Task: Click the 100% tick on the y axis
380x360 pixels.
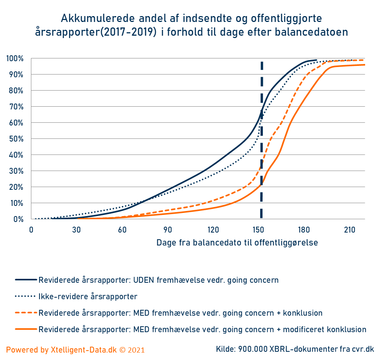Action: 15,59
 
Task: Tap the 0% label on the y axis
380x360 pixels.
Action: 18,219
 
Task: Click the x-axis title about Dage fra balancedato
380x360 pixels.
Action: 237,243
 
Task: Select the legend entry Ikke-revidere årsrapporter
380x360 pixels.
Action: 88,296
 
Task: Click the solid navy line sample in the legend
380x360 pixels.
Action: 26,280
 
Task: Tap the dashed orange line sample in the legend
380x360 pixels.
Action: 26,313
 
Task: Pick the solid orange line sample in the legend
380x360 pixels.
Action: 26,329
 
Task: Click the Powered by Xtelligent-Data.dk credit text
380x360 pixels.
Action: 76,350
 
